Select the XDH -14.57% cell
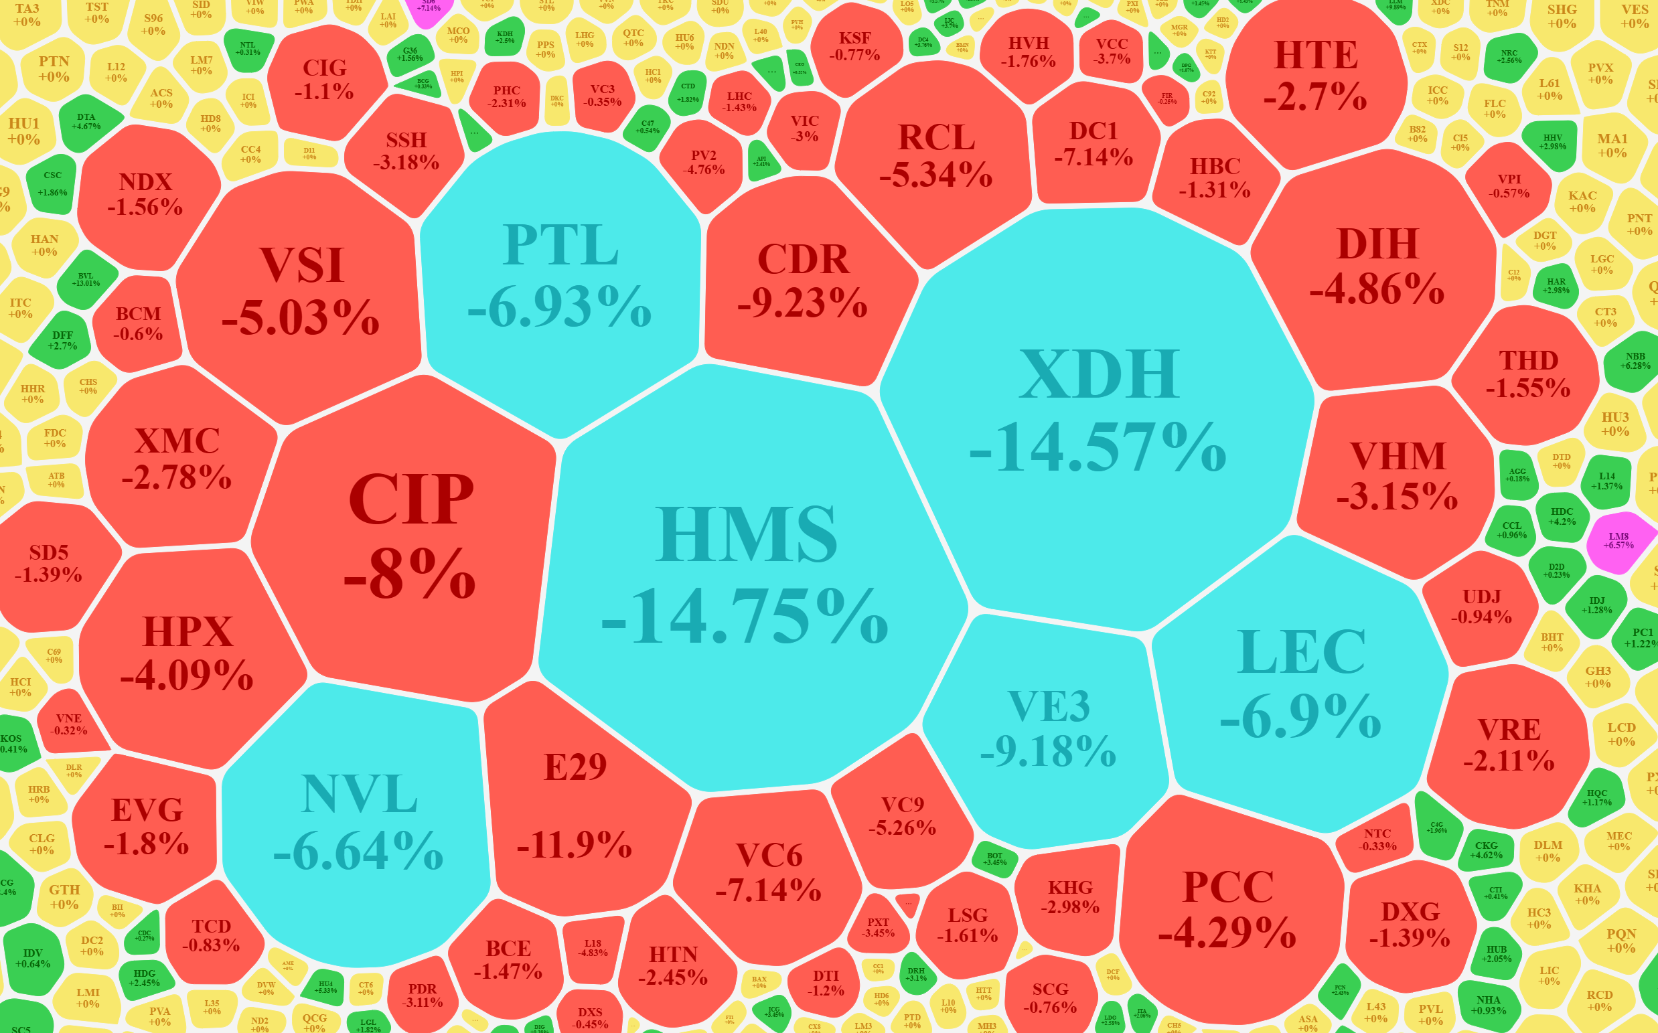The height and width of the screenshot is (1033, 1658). pos(1098,410)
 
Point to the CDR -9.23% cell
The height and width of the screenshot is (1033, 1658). pos(803,280)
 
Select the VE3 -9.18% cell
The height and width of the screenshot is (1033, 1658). pos(1049,728)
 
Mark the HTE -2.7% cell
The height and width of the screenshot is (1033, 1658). pos(1316,75)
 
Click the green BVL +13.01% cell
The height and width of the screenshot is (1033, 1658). pos(86,279)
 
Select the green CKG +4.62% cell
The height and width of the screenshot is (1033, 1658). pos(1486,850)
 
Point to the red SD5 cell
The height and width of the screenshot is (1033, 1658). pos(49,564)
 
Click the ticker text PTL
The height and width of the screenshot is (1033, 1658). pos(561,245)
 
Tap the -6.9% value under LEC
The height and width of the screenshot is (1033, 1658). pos(1300,715)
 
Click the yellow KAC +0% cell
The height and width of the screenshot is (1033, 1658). pos(1582,202)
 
